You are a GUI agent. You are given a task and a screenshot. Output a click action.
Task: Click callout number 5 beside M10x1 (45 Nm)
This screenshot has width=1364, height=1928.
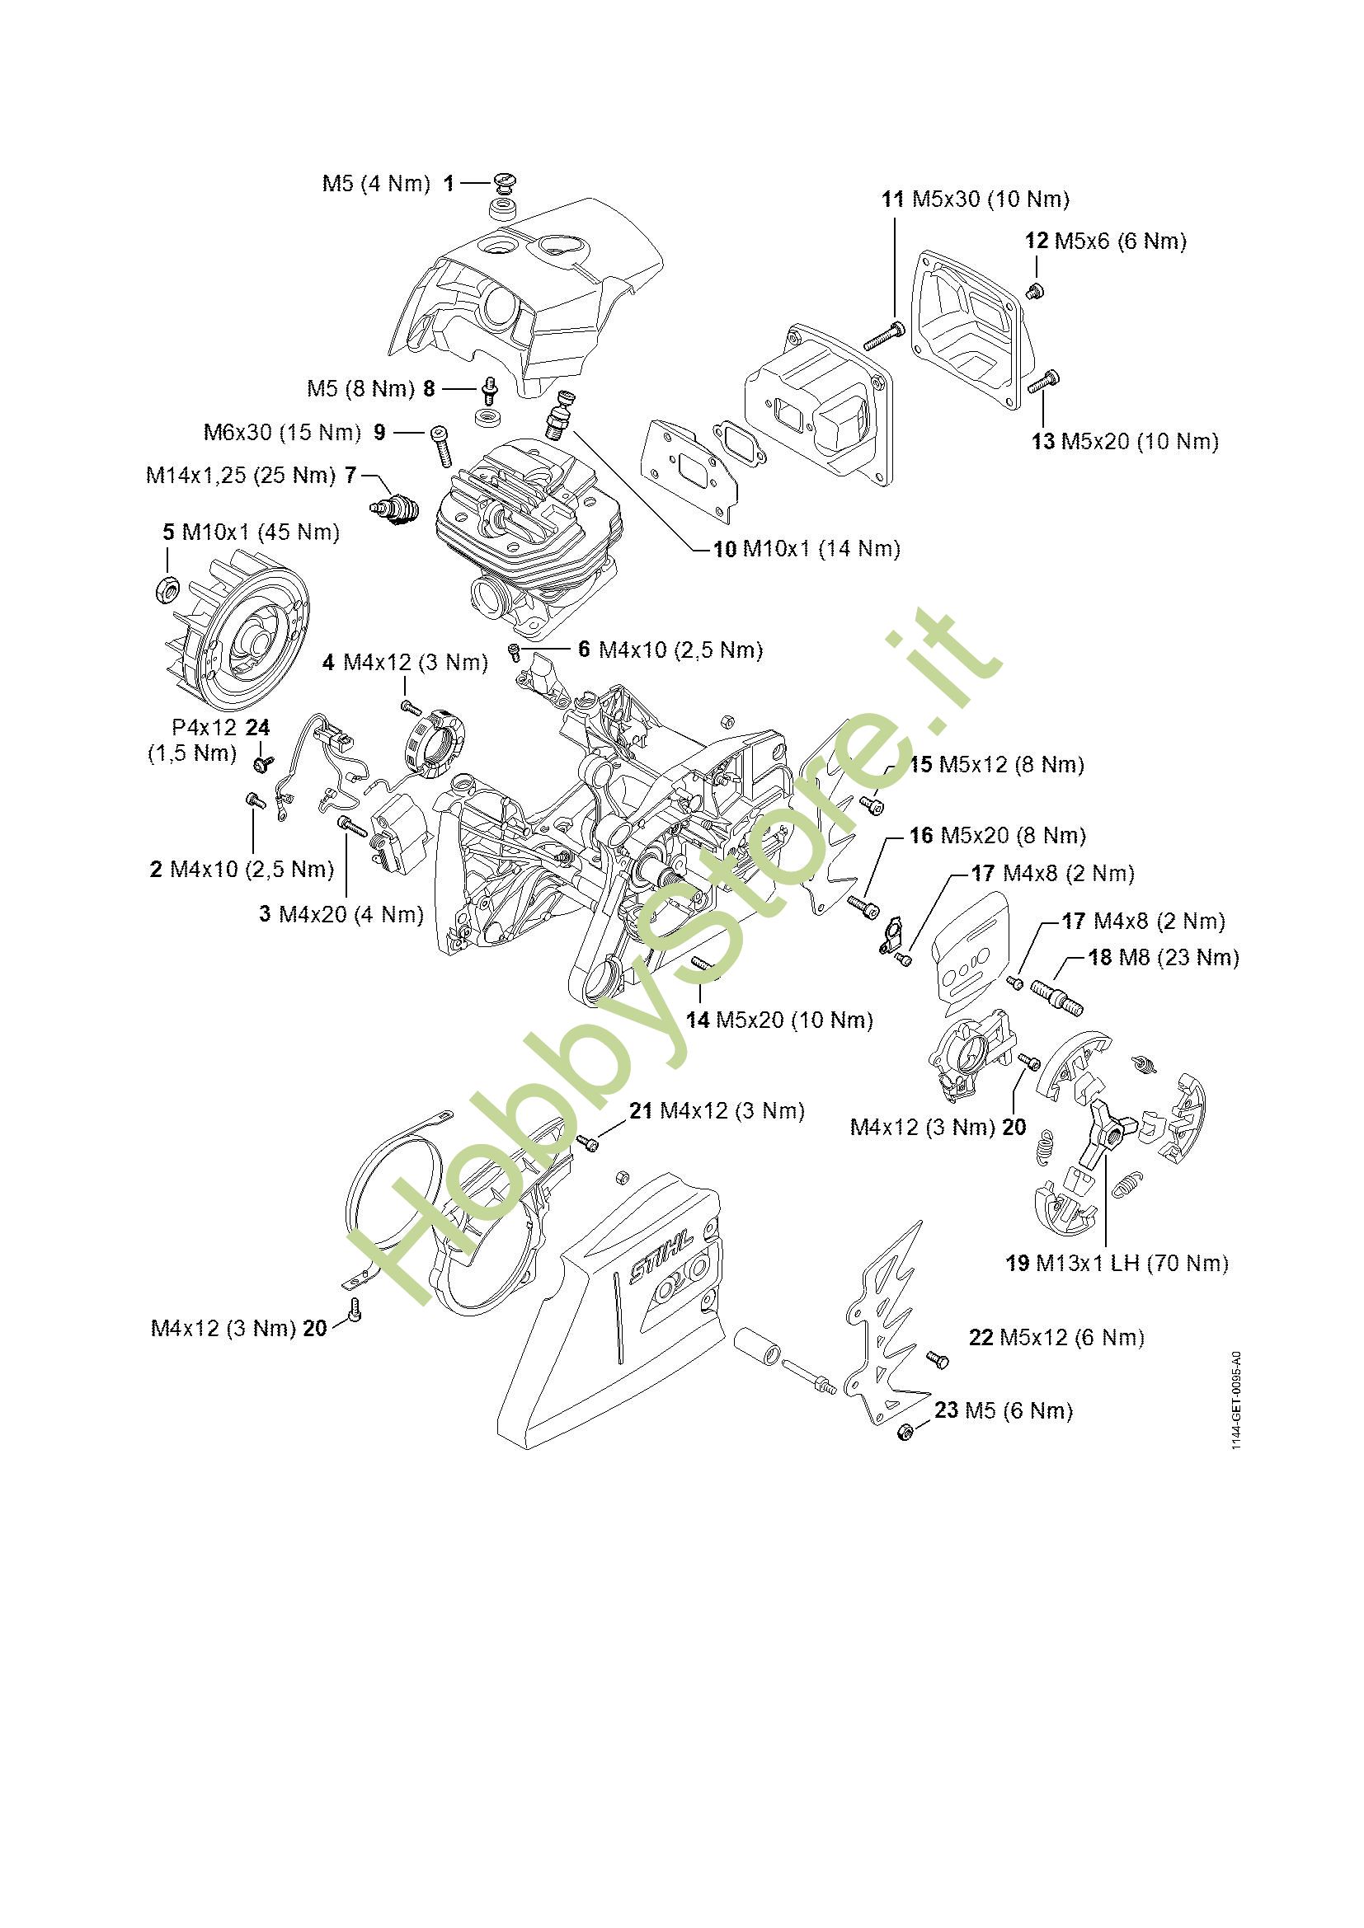(x=168, y=532)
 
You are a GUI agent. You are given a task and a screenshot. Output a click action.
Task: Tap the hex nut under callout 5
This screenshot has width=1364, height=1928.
(x=167, y=589)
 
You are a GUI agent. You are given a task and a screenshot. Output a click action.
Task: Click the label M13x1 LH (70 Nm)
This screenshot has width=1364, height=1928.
(x=1131, y=1288)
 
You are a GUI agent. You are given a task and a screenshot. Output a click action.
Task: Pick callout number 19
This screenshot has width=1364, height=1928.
(x=1017, y=1288)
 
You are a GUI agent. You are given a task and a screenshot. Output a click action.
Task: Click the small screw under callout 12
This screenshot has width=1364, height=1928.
(x=1034, y=291)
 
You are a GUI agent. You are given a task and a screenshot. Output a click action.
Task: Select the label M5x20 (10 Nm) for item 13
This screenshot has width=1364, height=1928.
(x=1139, y=442)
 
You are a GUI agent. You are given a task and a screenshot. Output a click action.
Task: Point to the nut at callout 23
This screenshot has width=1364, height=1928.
(x=905, y=1432)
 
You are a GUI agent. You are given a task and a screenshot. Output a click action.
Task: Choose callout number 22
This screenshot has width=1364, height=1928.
(x=981, y=1338)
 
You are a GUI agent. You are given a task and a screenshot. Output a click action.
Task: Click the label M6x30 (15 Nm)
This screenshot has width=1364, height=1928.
(x=282, y=433)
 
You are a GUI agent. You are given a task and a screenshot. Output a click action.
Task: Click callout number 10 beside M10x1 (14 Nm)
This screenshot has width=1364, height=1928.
(x=724, y=549)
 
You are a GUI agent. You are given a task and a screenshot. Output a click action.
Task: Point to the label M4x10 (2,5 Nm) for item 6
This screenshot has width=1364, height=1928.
(x=680, y=650)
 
